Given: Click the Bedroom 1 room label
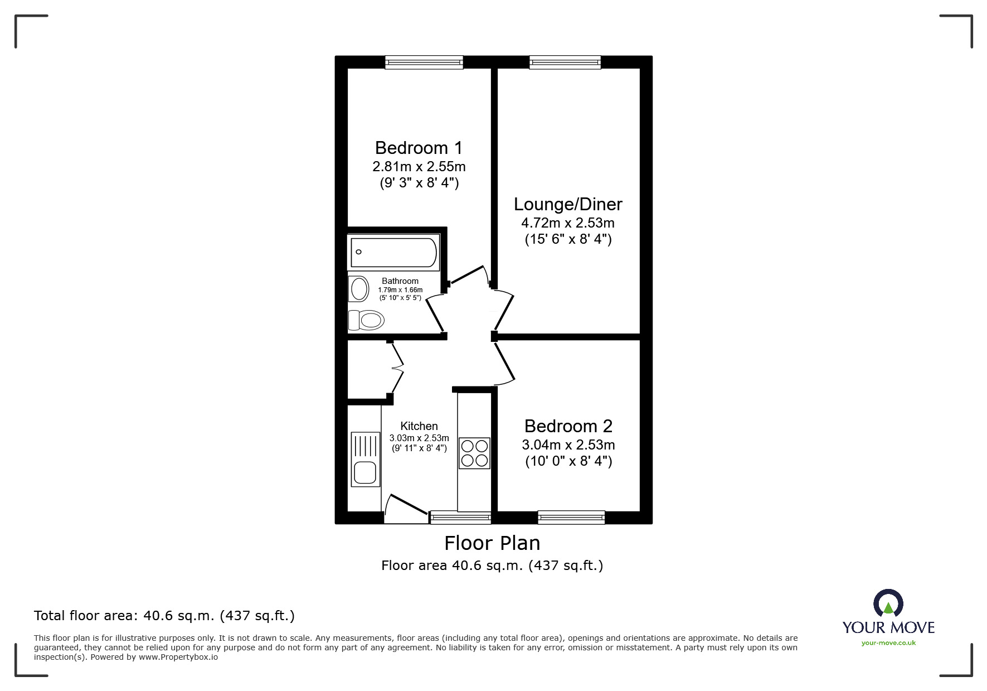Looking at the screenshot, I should [x=419, y=148].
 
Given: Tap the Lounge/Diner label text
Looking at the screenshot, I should [x=567, y=204].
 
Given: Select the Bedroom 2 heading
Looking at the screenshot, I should [x=568, y=426].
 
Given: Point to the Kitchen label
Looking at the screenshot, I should [x=419, y=426].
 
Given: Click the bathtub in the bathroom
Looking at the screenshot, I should [x=393, y=253].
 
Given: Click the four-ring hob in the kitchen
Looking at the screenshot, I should [x=474, y=453].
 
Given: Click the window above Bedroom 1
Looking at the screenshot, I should [x=424, y=62].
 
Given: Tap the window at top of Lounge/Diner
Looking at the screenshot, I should [x=565, y=62].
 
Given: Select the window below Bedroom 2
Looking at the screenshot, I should [x=571, y=518].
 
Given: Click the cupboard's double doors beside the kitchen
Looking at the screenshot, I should [x=397, y=368].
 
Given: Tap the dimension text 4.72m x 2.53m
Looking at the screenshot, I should [x=567, y=223].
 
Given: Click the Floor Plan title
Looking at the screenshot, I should [x=492, y=543].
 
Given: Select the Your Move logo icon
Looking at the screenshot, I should [x=888, y=604].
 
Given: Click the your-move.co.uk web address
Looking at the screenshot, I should [x=888, y=643].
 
